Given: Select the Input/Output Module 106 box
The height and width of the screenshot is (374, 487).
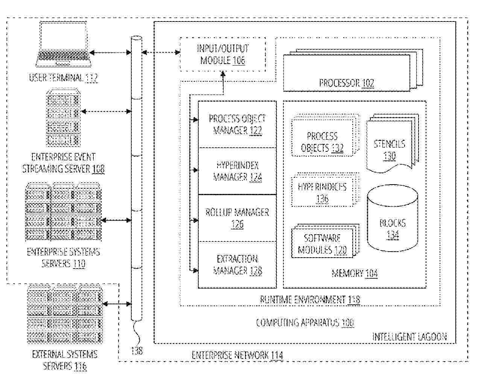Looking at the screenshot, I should point(222,54).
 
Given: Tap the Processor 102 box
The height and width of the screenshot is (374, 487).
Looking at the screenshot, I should point(346,77).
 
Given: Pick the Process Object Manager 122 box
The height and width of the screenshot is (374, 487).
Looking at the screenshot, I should point(237,124).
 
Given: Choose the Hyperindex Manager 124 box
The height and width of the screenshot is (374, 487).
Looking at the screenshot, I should point(237,171).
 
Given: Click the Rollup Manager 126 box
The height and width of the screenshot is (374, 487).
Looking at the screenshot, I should point(237,218).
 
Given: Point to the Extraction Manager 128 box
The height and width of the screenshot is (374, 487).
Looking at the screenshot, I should point(237,265).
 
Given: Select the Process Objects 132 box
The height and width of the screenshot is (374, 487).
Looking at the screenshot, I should point(323,142).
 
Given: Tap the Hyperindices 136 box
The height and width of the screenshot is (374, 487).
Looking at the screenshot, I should point(323,192).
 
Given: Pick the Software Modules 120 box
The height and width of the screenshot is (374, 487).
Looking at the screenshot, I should point(323,244).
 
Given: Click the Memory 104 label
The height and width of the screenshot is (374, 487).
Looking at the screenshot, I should point(355,273).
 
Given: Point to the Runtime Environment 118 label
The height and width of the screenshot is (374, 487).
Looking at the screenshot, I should point(310,300).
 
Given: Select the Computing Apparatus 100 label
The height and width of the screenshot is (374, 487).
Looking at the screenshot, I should point(305,323).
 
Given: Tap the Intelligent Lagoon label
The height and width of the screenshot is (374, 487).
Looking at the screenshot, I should point(409,337).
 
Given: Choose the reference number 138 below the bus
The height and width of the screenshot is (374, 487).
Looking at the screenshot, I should point(137,351).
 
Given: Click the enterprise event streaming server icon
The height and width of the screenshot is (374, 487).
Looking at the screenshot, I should point(63,118).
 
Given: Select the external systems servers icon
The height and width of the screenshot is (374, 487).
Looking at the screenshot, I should point(64,314).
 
